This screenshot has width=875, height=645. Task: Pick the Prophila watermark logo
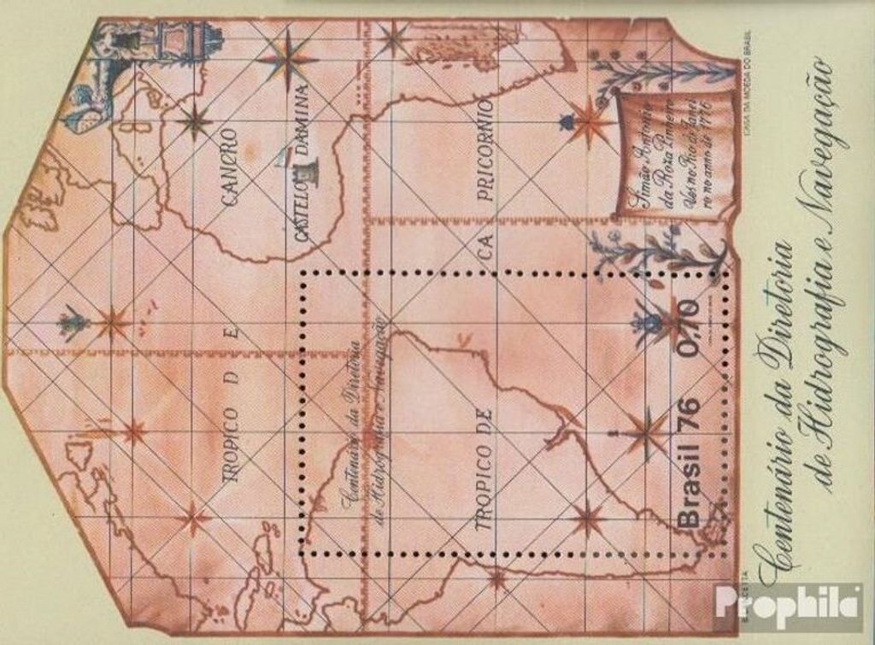789,607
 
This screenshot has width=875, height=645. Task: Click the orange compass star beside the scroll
588,122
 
